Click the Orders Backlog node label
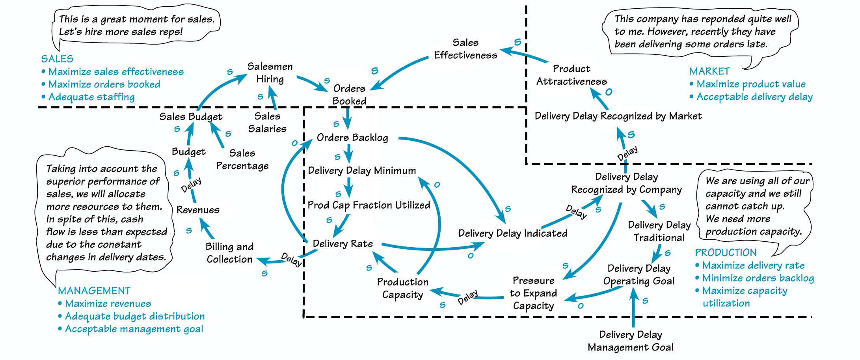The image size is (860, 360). tap(352, 138)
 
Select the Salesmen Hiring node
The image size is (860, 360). tap(270, 73)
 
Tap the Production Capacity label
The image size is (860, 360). tap(402, 288)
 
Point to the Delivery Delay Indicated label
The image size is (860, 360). tap(512, 233)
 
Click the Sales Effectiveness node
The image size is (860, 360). tap(465, 49)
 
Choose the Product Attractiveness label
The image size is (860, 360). tap(571, 75)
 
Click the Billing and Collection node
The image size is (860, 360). tap(229, 253)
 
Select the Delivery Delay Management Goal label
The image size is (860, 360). tap(630, 341)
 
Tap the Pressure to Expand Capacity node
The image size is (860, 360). tap(533, 293)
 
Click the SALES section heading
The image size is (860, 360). tap(57, 59)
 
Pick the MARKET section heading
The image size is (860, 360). tap(709, 71)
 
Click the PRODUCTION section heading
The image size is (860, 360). tap(726, 253)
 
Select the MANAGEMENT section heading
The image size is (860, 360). tap(94, 291)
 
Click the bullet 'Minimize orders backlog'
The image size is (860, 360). tap(758, 278)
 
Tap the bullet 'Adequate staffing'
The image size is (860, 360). tap(91, 97)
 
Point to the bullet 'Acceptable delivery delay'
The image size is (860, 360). tap(754, 97)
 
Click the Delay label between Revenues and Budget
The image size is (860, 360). tap(191, 185)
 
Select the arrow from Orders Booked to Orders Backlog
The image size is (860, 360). tap(347, 118)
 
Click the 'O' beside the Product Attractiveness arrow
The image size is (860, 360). tap(609, 92)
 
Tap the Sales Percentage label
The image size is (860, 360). tap(242, 159)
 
